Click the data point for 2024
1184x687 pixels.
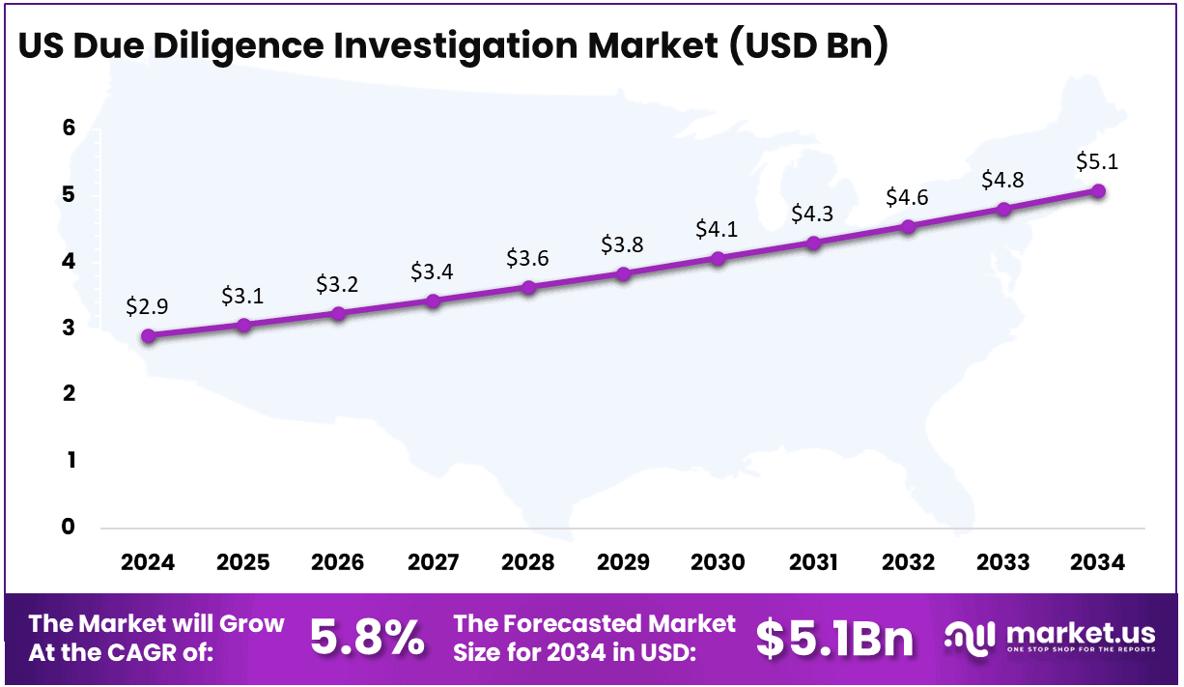(x=149, y=336)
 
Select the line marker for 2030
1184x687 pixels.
(x=719, y=259)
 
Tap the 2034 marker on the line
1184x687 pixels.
(x=1098, y=191)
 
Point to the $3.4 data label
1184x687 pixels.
(x=433, y=272)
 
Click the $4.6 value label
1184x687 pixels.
(x=908, y=198)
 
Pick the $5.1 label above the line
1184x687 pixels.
(x=1098, y=162)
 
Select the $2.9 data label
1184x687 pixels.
(x=149, y=307)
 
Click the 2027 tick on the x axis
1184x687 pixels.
(x=433, y=562)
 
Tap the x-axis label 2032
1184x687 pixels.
(x=908, y=562)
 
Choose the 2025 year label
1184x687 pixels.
(x=243, y=562)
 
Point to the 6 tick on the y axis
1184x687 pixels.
(x=69, y=129)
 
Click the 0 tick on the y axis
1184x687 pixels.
(x=69, y=527)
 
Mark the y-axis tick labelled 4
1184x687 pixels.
(x=69, y=262)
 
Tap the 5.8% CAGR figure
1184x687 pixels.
(x=367, y=638)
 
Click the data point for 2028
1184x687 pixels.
(x=528, y=288)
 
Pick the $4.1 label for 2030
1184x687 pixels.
(x=719, y=230)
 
